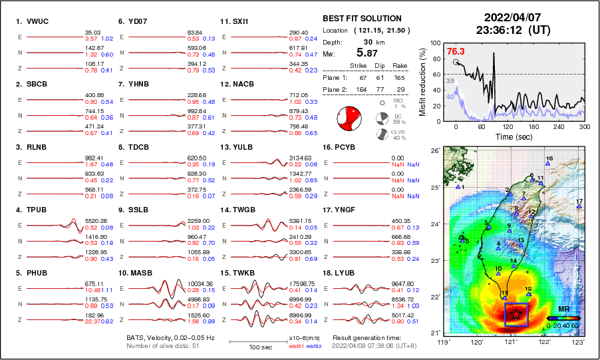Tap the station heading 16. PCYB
pos(339,147)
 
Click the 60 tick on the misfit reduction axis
pos(437,74)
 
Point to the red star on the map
pos(516,315)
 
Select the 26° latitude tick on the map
pos(434,151)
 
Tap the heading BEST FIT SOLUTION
pos(361,18)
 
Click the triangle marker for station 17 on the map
pos(579,207)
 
